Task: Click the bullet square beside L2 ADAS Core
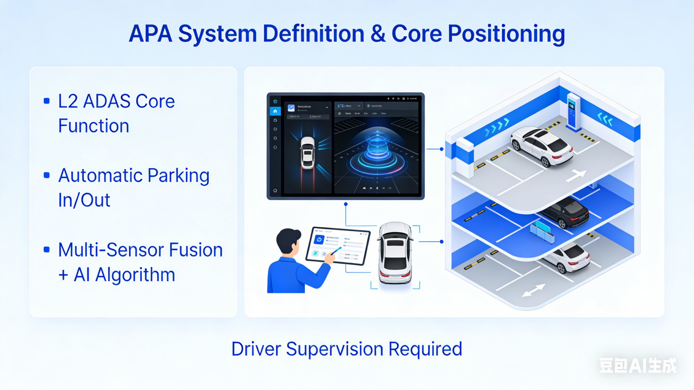click(47, 101)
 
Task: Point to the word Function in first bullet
click(94, 126)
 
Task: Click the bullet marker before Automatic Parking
click(47, 175)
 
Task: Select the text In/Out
click(84, 200)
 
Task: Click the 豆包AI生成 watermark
click(637, 366)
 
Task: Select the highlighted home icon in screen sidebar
click(275, 111)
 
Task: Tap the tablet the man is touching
click(338, 245)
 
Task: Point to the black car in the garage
click(565, 212)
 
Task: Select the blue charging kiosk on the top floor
click(573, 112)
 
